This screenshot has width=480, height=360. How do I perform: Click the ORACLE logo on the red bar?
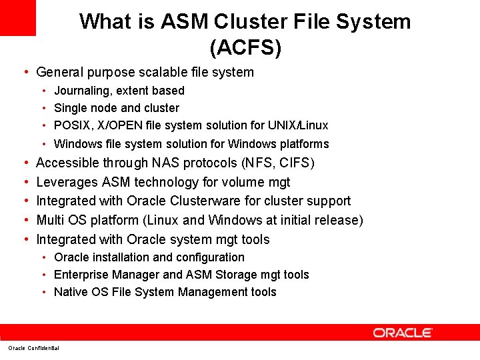(403, 332)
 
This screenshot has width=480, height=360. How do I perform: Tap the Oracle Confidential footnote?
(33, 348)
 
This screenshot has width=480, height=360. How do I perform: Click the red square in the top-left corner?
(17, 17)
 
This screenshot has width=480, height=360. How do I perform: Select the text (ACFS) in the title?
(245, 48)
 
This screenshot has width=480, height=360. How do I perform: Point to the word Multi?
(52, 220)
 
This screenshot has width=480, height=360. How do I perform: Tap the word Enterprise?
(82, 275)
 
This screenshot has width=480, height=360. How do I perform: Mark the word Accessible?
(69, 163)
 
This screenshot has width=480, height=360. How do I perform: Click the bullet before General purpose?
(25, 72)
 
